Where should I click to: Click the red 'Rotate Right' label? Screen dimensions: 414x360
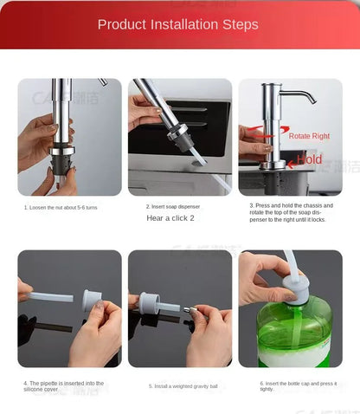(x=309, y=136)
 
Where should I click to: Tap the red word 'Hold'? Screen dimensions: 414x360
(x=309, y=159)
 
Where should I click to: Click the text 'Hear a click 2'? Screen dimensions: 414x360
(x=170, y=218)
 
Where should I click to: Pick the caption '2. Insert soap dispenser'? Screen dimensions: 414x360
(x=173, y=206)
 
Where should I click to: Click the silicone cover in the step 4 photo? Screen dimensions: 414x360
(x=92, y=301)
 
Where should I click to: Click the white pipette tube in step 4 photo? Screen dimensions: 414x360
(x=52, y=297)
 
